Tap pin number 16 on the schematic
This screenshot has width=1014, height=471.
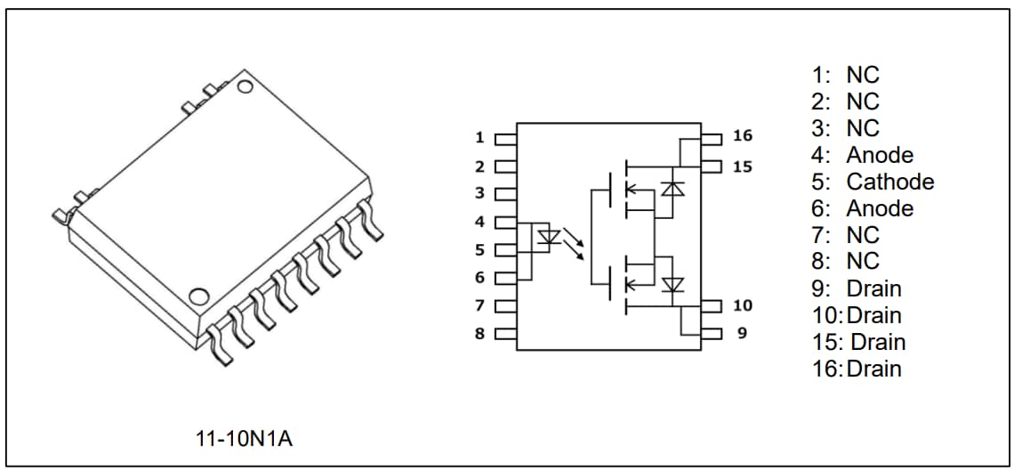[x=743, y=136]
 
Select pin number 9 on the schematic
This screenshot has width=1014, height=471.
[x=743, y=334]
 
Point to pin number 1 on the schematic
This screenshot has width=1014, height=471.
[x=479, y=138]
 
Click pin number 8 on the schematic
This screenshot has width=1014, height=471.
[x=479, y=334]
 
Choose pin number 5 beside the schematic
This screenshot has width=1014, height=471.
[x=479, y=249]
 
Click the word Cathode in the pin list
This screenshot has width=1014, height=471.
[x=889, y=182]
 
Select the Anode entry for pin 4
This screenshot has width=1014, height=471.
[x=879, y=155]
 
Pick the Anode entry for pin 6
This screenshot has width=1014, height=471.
[x=879, y=208]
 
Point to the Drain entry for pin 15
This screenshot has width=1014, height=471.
[x=878, y=342]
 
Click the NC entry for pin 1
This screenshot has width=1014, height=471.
[x=862, y=75]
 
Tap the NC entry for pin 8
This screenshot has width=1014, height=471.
[x=862, y=262]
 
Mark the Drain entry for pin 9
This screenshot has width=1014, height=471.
[x=873, y=288]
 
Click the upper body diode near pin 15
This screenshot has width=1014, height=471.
[x=672, y=189]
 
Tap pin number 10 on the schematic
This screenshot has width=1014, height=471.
[x=743, y=305]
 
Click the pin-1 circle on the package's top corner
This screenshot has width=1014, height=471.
[x=246, y=87]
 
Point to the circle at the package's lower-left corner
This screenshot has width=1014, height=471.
[x=201, y=295]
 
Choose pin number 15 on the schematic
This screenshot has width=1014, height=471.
[x=743, y=166]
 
